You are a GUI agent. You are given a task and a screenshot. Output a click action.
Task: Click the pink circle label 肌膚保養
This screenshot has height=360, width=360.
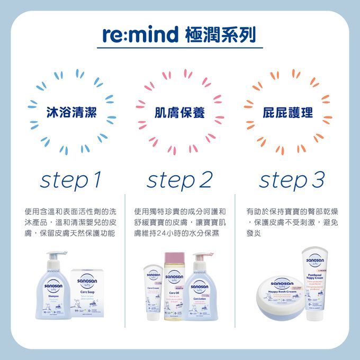pyautogui.click(x=179, y=112)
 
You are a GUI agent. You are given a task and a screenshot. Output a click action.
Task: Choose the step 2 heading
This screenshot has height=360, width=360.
pyautogui.click(x=179, y=181)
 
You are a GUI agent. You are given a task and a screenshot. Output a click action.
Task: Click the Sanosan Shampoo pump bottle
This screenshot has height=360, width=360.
pyautogui.click(x=51, y=291)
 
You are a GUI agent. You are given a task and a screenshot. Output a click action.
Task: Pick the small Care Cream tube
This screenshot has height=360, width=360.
pyautogui.click(x=153, y=294)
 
